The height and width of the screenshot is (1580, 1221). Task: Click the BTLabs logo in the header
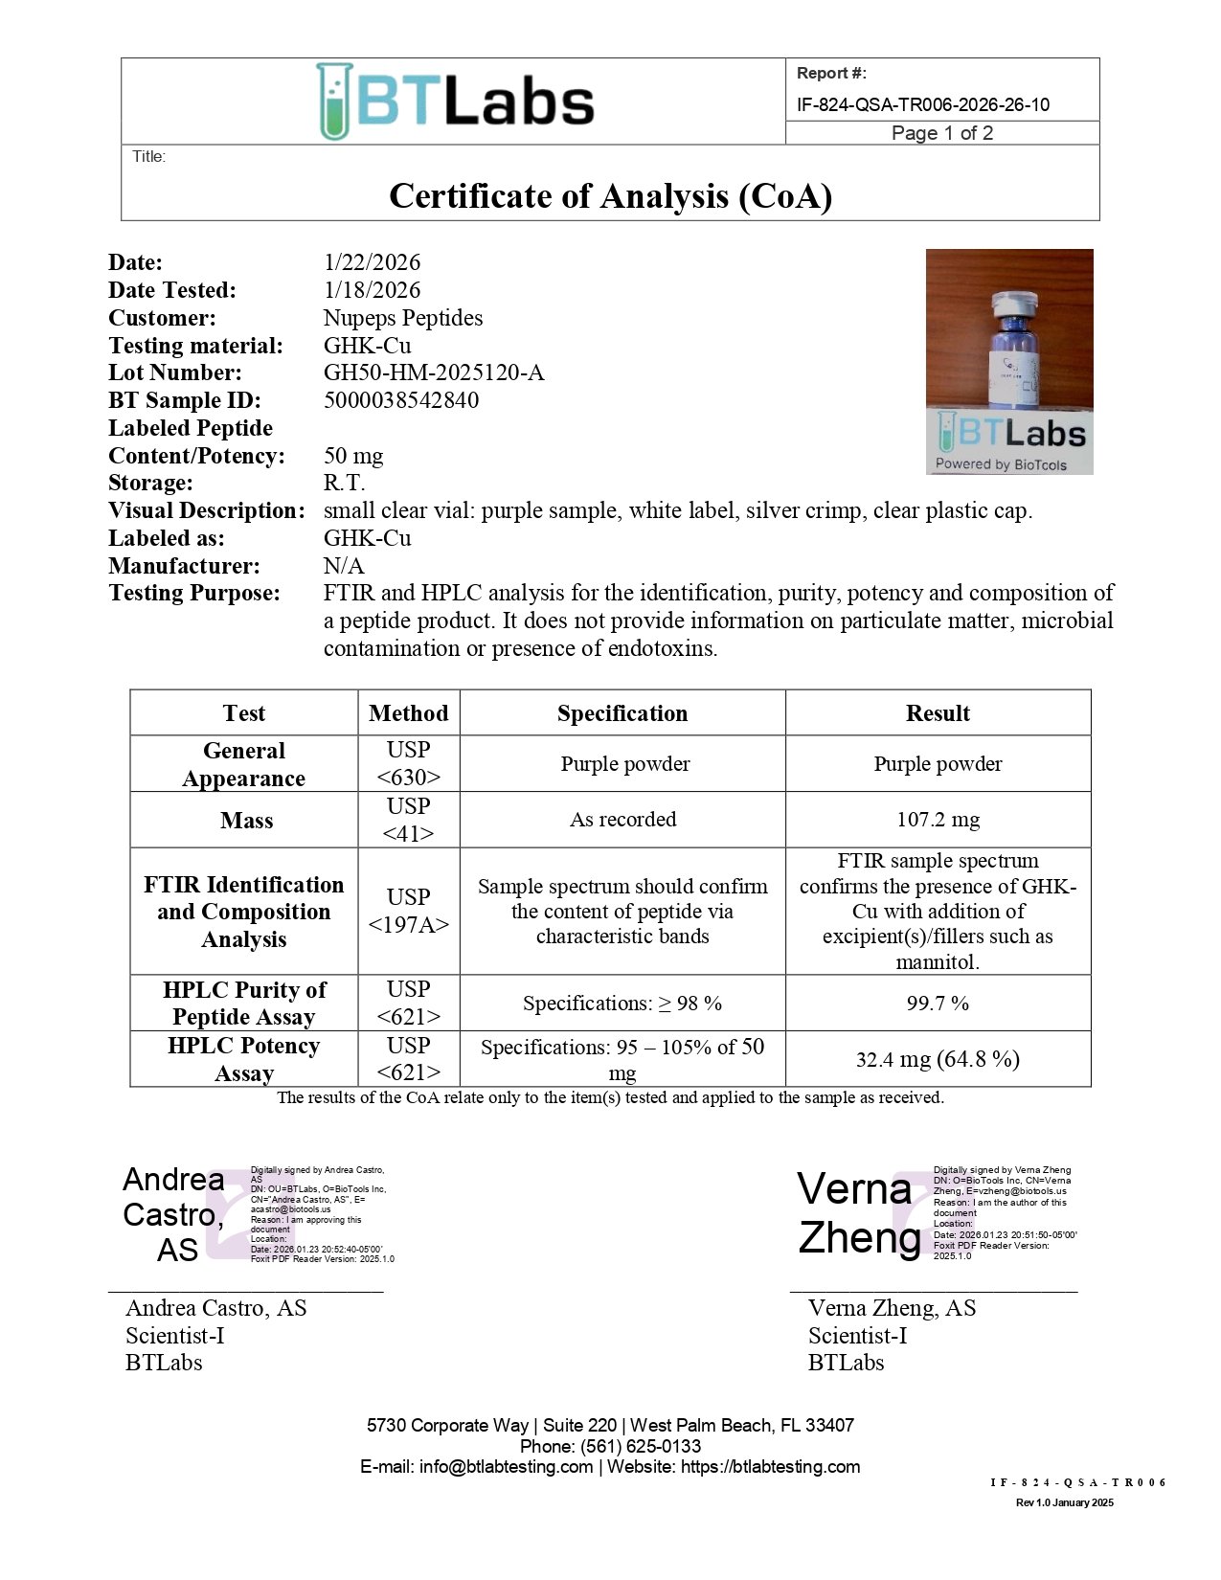tap(455, 102)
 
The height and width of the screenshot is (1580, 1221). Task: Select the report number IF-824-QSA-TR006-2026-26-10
tap(922, 104)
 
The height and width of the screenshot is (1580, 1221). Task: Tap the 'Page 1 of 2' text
tap(941, 133)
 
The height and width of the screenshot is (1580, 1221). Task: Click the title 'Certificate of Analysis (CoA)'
tap(610, 196)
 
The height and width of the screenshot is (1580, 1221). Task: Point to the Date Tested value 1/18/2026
tap(372, 290)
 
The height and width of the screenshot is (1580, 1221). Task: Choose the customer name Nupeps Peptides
tap(403, 318)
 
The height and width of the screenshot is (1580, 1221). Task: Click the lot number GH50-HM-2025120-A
tap(434, 372)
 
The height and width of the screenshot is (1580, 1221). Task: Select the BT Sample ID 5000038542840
tap(401, 400)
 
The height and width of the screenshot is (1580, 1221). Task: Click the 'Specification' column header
tap(622, 713)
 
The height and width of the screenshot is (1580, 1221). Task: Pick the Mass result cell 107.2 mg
tap(938, 820)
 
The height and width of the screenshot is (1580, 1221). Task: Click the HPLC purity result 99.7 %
tap(938, 1004)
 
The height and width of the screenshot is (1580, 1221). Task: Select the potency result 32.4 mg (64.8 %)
tap(938, 1059)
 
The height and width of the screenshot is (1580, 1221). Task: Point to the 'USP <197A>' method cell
tap(409, 911)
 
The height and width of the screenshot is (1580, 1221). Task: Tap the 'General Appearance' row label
tap(244, 764)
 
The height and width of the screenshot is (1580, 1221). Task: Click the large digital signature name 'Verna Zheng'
tap(857, 1213)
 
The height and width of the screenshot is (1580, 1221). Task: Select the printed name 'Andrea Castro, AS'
tap(216, 1308)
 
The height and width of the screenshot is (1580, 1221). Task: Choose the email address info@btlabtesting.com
tap(506, 1467)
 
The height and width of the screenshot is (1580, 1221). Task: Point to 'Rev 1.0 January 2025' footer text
tap(1064, 1502)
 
